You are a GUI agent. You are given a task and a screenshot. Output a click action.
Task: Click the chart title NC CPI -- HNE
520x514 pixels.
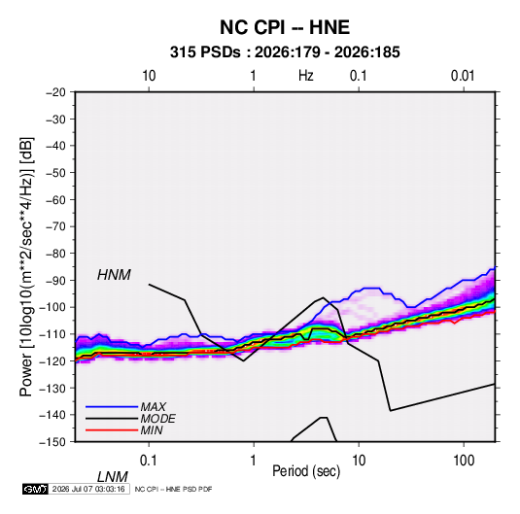point(285,27)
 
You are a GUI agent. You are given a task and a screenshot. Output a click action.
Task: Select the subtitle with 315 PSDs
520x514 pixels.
point(285,52)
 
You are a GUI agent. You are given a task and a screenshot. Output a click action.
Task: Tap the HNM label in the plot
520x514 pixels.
point(114,275)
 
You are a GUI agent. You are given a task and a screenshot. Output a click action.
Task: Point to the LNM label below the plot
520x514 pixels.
point(112,477)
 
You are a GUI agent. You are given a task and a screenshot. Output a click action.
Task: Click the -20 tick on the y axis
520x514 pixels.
point(55,92)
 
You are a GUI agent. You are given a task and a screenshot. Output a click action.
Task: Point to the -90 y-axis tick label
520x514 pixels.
point(55,281)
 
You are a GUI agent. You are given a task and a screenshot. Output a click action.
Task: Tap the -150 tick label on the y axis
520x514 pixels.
point(52,442)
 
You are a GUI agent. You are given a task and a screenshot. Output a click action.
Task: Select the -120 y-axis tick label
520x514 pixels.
point(52,361)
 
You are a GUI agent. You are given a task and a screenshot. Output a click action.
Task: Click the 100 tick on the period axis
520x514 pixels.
point(464,461)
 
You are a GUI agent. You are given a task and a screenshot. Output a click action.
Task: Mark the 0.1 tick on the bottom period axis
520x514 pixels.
point(149,461)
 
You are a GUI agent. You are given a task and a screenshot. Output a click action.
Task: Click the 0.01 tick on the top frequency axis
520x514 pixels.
point(463,76)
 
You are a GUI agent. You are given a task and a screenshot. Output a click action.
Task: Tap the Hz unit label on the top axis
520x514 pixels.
point(306,76)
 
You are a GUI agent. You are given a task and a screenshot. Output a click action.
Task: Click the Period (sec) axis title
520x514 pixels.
point(306,471)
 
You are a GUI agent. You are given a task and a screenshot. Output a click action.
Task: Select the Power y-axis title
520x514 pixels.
point(26,267)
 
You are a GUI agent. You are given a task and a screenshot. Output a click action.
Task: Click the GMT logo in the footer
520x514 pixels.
point(35,489)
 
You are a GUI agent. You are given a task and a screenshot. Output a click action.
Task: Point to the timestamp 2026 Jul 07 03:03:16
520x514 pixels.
point(88,489)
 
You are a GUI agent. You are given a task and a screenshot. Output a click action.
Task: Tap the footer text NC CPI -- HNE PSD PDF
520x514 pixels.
point(173,489)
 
